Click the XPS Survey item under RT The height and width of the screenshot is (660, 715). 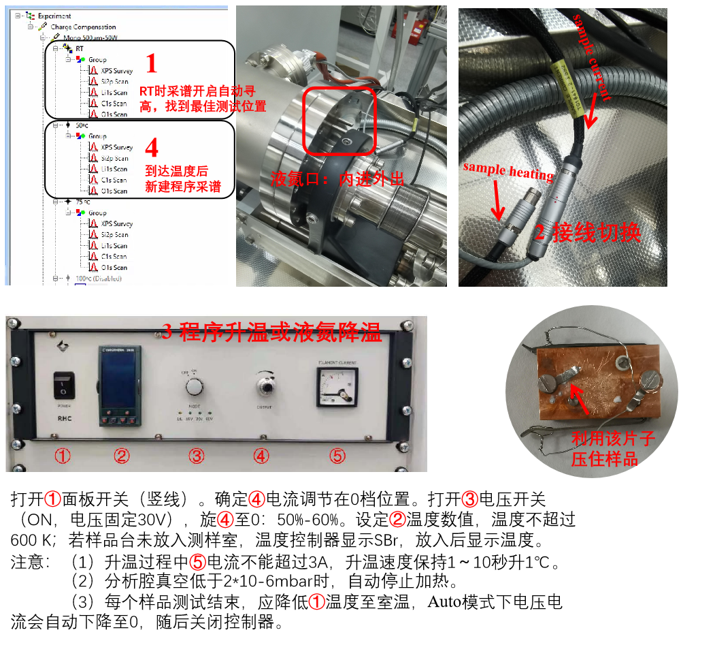pyautogui.click(x=116, y=71)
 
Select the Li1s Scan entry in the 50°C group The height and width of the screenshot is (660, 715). pyautogui.click(x=114, y=169)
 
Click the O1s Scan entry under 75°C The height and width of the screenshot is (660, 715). pyautogui.click(x=114, y=268)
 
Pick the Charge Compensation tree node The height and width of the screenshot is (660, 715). pyautogui.click(x=84, y=27)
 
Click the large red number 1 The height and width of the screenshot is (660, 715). pyautogui.click(x=151, y=64)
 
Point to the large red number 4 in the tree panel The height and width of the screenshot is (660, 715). pyautogui.click(x=152, y=147)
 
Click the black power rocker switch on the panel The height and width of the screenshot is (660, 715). pyautogui.click(x=63, y=386)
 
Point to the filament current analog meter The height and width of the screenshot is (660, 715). pyautogui.click(x=337, y=387)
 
